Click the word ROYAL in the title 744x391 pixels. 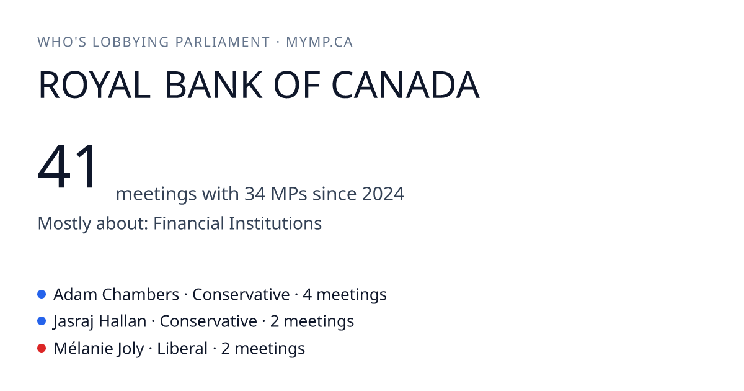tap(94, 85)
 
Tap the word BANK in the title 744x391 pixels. tap(213, 85)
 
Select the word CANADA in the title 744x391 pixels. tap(405, 85)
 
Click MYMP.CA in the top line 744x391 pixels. tap(319, 42)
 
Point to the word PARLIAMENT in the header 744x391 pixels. tap(223, 42)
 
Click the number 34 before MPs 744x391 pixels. tap(255, 194)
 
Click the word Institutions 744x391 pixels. tap(275, 223)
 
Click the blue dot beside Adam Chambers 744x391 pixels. tap(42, 294)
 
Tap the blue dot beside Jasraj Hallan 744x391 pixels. tap(42, 321)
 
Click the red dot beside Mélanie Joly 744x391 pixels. tap(42, 348)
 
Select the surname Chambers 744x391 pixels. tap(141, 295)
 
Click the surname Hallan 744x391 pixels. tap(123, 321)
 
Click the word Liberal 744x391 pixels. tap(182, 348)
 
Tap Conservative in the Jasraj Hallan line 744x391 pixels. tap(208, 321)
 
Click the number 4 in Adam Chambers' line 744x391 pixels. tap(308, 295)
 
